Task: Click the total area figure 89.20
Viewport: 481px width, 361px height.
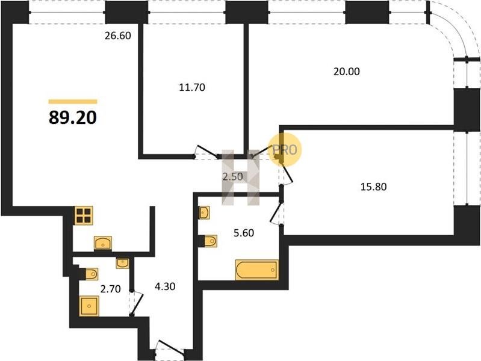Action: [x=73, y=117]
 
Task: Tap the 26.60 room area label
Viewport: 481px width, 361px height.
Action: [x=118, y=35]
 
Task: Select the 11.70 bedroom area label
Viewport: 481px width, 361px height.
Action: [x=192, y=87]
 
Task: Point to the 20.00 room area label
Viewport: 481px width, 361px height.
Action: [x=347, y=72]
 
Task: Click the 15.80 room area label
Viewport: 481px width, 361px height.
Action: [x=373, y=187]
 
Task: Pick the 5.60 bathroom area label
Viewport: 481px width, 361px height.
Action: [x=244, y=233]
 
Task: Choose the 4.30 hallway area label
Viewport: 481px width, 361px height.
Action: [x=165, y=286]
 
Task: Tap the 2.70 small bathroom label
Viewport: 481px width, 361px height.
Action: [x=111, y=289]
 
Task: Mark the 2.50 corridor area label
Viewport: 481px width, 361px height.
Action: [x=232, y=177]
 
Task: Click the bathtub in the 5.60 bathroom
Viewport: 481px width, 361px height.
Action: [x=257, y=270]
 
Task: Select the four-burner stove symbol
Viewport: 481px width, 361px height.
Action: [x=84, y=215]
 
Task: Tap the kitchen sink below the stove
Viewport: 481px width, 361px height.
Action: [x=103, y=243]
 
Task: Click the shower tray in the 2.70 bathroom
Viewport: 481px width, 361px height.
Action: [x=89, y=306]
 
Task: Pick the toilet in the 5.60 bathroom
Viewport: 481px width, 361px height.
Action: [x=211, y=241]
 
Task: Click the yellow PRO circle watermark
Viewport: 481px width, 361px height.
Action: [x=285, y=150]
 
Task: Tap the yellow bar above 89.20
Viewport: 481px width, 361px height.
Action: [x=73, y=102]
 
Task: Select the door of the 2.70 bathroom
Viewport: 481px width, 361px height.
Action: [x=136, y=303]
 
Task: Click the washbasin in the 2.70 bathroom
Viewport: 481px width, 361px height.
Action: [x=122, y=263]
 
